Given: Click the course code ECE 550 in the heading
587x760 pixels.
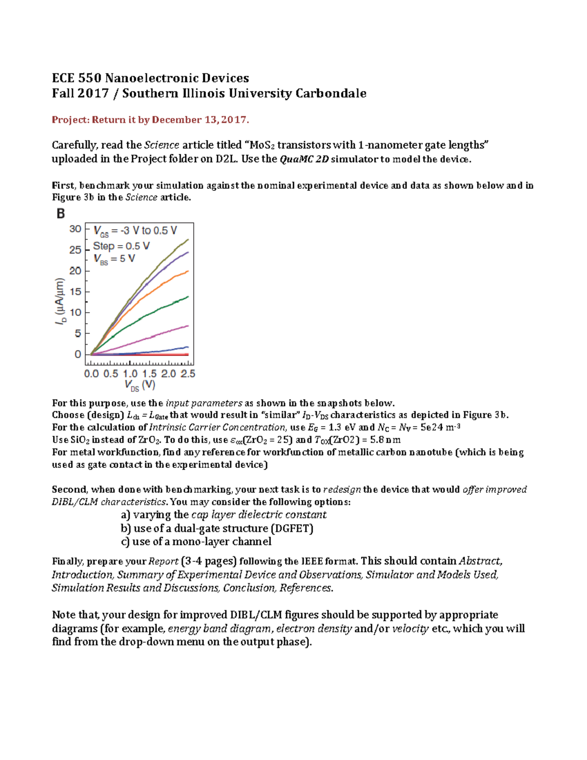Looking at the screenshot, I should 77,78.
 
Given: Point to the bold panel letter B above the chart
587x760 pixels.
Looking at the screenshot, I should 61,214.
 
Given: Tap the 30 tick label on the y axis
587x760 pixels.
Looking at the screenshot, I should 75,229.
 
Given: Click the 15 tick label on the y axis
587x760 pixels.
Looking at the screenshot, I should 75,292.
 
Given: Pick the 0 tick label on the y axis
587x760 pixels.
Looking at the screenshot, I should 78,354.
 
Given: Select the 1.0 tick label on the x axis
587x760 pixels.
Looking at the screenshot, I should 130,374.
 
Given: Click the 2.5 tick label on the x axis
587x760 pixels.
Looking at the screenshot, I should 188,374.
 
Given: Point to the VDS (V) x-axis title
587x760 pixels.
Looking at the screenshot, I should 140,386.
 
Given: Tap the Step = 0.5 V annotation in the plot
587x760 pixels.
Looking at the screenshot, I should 121,246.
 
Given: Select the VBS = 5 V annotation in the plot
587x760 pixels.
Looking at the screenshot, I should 114,259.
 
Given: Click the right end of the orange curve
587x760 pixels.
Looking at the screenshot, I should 187,271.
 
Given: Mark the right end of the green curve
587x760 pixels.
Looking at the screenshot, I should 187,297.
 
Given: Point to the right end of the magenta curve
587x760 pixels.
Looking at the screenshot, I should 187,326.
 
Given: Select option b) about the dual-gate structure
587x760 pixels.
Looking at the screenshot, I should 217,529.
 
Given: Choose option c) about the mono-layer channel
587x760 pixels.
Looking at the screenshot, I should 196,542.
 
